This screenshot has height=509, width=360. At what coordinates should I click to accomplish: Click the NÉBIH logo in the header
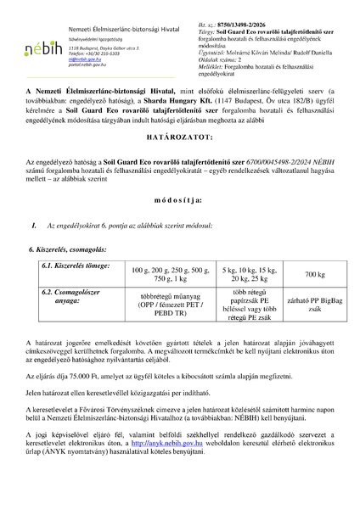pos(37,46)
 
